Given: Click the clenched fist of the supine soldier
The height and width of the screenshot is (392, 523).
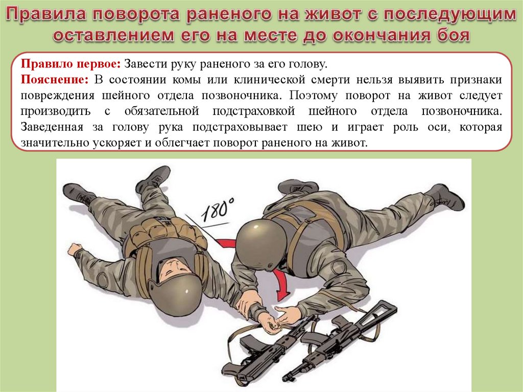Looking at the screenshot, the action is [x=75, y=249].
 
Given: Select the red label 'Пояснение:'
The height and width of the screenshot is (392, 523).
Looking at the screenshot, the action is [x=55, y=80].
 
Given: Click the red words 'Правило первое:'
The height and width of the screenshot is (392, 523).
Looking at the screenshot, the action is [x=70, y=64].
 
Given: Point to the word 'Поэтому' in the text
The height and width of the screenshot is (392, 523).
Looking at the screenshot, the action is [x=313, y=96].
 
